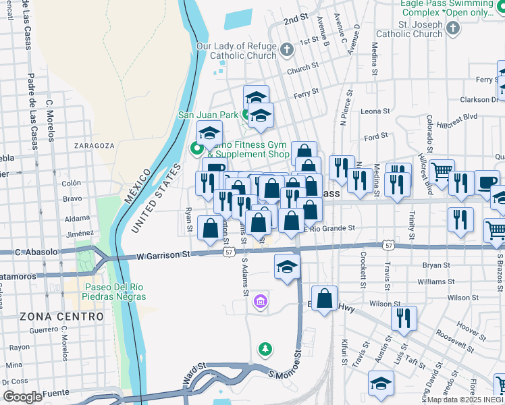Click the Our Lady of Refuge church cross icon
[287, 50]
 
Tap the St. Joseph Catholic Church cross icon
[453, 28]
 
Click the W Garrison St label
[163, 254]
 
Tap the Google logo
[22, 397]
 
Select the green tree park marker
[266, 350]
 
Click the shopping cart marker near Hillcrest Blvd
[442, 172]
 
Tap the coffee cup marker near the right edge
[487, 182]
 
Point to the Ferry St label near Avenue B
[306, 92]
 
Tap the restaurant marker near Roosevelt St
[404, 319]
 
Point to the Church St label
[302, 68]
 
